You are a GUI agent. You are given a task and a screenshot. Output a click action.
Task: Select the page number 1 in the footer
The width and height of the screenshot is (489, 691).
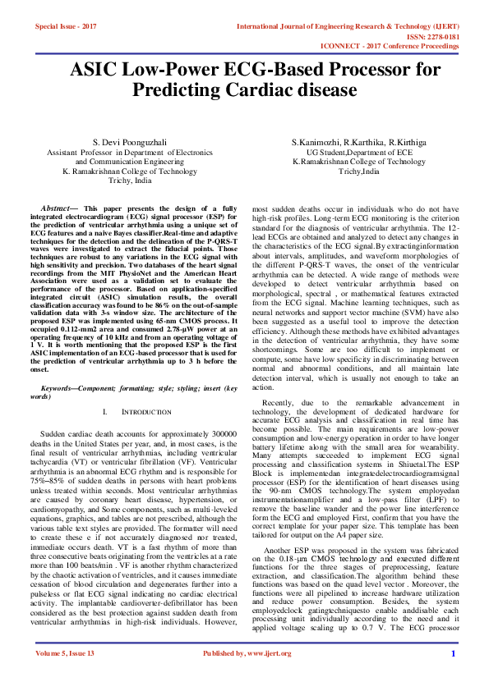(453, 677)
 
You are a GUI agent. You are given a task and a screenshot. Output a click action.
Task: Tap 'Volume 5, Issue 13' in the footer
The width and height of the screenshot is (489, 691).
(65, 676)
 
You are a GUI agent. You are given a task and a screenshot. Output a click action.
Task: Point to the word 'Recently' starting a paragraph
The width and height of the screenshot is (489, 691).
(279, 404)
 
